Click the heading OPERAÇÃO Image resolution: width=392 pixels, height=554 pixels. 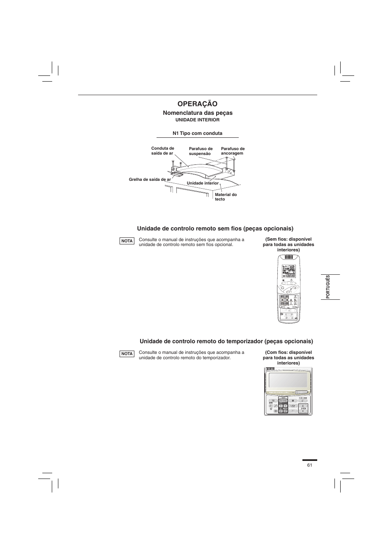click(198, 104)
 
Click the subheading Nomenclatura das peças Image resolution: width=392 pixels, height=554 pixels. click(198, 113)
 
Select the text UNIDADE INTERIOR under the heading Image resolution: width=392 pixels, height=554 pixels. click(198, 120)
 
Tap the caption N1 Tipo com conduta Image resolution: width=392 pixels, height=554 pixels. click(197, 133)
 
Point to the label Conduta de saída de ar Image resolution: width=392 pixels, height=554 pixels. click(163, 151)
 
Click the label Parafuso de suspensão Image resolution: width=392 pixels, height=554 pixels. click(201, 151)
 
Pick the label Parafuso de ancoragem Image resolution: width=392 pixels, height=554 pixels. click(233, 151)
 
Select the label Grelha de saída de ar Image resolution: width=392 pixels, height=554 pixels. click(150, 180)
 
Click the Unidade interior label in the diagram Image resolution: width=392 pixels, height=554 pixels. click(203, 183)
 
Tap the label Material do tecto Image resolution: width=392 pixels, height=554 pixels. click(226, 197)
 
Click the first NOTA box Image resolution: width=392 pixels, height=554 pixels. click(127, 241)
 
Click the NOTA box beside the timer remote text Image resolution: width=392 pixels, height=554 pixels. click(127, 354)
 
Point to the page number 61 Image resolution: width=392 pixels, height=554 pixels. click(309, 465)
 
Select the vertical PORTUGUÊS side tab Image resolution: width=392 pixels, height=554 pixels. click(328, 287)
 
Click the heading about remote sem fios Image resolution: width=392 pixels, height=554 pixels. click(215, 228)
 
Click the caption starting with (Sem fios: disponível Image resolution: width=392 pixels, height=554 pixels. click(288, 244)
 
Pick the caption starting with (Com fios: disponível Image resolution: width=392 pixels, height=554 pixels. click(288, 358)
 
